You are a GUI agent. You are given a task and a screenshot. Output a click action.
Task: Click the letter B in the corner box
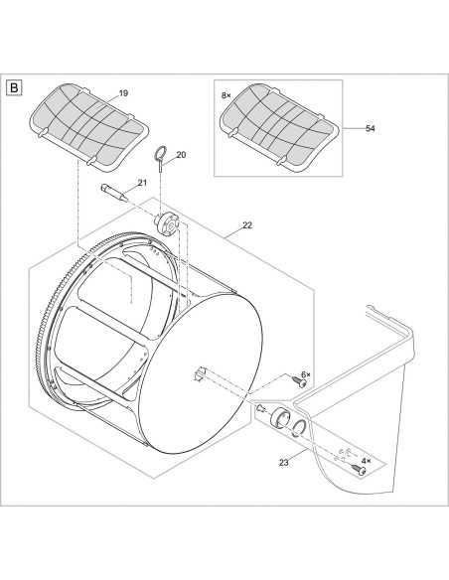[x=15, y=88]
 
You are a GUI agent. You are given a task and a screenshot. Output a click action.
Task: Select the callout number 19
[x=123, y=93]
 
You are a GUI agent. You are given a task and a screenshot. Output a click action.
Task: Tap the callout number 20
[x=181, y=155]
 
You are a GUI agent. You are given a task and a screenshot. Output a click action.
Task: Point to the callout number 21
[x=142, y=183]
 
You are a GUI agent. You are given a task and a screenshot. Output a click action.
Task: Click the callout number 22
[x=247, y=224]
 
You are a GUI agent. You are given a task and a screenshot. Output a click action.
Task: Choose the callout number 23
[x=284, y=463]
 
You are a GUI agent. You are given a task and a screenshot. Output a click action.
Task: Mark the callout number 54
[x=371, y=128]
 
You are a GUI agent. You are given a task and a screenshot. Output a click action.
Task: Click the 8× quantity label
[x=225, y=95]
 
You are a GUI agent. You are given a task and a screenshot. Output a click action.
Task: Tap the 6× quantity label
[x=306, y=374]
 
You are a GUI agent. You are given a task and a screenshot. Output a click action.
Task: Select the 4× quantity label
[x=367, y=461]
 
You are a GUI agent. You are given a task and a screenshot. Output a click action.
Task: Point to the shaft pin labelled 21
[x=114, y=193]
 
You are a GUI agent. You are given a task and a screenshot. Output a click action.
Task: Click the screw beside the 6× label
[x=299, y=381]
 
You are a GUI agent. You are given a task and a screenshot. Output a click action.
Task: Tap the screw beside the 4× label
[x=359, y=469]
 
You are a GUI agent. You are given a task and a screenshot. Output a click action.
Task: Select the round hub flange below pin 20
[x=166, y=222]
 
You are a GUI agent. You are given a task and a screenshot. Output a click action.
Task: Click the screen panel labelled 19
[x=89, y=127]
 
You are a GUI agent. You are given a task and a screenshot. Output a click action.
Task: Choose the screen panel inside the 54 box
[x=279, y=127]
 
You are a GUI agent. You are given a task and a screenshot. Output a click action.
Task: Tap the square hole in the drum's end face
[x=199, y=374]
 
